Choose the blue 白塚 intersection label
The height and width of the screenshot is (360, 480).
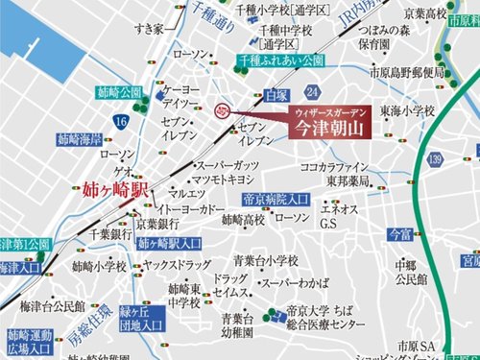pyautogui.click(x=275, y=96)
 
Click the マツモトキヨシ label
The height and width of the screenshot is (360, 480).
pyautogui.click(x=225, y=179)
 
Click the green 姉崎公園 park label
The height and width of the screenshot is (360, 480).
pyautogui.click(x=120, y=92)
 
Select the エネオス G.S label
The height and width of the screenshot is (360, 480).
pyautogui.click(x=340, y=216)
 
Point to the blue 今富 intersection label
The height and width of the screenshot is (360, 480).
pyautogui.click(x=399, y=232)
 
